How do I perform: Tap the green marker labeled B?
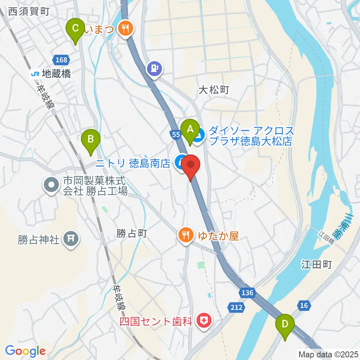(x=91, y=140)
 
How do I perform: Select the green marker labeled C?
(x=75, y=28)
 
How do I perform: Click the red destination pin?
(x=191, y=165)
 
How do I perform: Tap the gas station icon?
(x=155, y=69)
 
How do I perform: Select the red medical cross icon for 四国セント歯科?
(x=204, y=321)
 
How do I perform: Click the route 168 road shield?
(x=61, y=60)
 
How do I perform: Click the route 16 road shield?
(x=304, y=306)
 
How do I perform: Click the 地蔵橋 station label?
(x=51, y=74)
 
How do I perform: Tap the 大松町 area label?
(x=213, y=90)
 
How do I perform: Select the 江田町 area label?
(x=316, y=265)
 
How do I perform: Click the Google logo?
(x=25, y=351)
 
